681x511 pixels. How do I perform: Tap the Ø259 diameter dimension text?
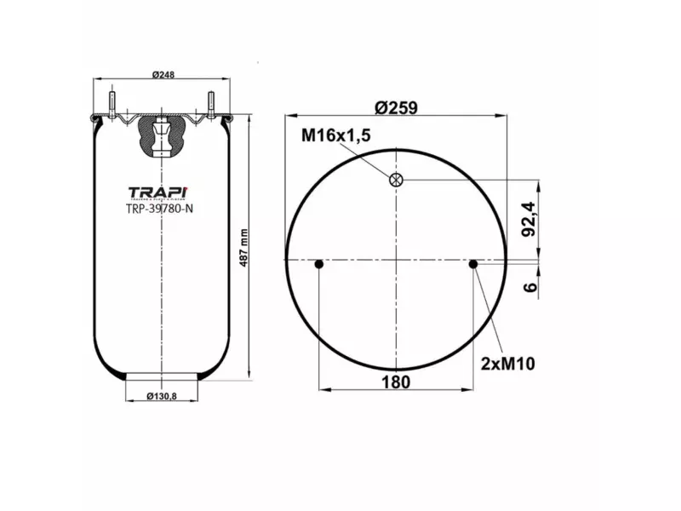398,108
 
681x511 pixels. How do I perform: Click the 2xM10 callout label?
506,364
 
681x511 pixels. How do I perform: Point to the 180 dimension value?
396,382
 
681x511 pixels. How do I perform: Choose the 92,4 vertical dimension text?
529,218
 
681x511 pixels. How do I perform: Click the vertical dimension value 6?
529,287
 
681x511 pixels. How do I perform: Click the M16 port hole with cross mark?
396,179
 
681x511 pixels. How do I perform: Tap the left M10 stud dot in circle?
319,265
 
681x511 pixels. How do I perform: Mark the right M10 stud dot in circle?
473,265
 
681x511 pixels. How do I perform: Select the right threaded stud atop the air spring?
210,100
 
